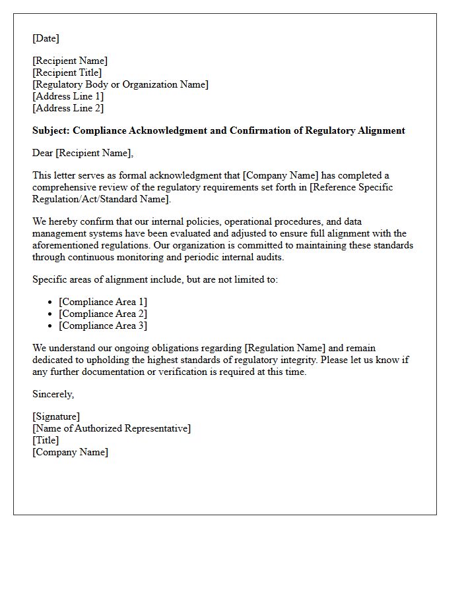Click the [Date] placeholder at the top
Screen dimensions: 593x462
pyautogui.click(x=46, y=38)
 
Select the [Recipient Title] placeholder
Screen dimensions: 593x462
pyautogui.click(x=67, y=72)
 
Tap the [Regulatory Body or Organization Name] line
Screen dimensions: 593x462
pyautogui.click(x=120, y=84)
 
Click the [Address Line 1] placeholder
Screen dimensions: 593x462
pyautogui.click(x=68, y=96)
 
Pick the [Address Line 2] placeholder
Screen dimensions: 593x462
pyautogui.click(x=68, y=108)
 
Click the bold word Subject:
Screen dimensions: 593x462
pyautogui.click(x=52, y=130)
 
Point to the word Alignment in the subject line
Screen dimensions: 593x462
pyautogui.click(x=381, y=130)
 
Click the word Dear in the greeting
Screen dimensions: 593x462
pyautogui.click(x=43, y=153)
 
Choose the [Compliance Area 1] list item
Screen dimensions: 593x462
pyautogui.click(x=103, y=302)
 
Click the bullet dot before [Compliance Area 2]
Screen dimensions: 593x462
pyautogui.click(x=50, y=314)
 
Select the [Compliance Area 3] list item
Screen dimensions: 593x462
pyautogui.click(x=103, y=325)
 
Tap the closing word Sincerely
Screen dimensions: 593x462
pyautogui.click(x=53, y=394)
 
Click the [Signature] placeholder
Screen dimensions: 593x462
pyautogui.click(x=56, y=416)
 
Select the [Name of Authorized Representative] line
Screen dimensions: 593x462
pyautogui.click(x=112, y=428)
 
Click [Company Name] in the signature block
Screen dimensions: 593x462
pyautogui.click(x=70, y=452)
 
